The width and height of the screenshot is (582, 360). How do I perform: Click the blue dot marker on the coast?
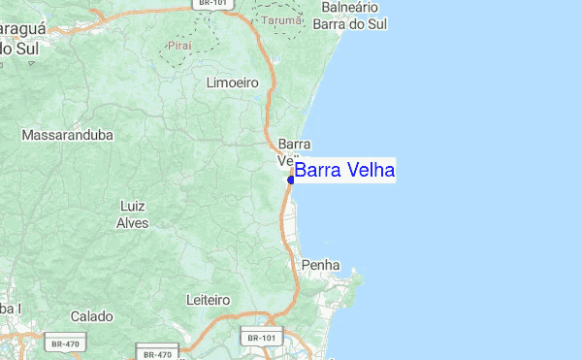click(290, 180)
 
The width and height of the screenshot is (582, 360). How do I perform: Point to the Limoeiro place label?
click(233, 83)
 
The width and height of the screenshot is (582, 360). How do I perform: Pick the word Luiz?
click(132, 207)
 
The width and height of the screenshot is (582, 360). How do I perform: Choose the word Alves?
click(132, 222)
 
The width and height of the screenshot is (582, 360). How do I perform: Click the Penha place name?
click(319, 265)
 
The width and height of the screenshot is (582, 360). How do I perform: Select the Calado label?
click(91, 316)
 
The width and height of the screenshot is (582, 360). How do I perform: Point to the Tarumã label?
click(282, 19)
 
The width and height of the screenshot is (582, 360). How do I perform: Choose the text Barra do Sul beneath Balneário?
click(351, 23)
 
